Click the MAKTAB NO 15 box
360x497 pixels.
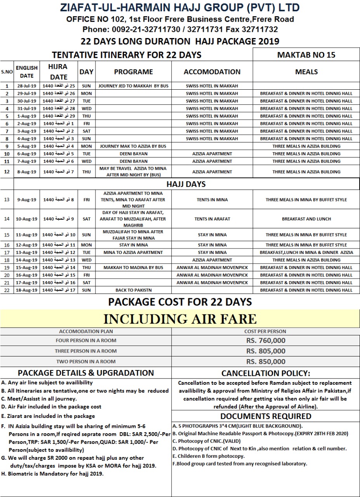306,55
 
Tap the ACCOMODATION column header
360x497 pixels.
212,72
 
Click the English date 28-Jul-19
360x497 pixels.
27,86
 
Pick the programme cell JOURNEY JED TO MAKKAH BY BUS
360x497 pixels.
134,86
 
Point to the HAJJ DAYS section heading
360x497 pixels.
186,184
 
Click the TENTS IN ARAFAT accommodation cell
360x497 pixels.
212,219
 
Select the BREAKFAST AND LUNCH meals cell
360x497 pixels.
306,219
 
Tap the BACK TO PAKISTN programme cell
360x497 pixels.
134,290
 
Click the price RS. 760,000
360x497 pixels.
266,341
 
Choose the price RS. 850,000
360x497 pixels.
266,361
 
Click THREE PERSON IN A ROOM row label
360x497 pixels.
86,351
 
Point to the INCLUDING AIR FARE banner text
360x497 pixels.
180,319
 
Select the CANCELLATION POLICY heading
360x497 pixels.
266,374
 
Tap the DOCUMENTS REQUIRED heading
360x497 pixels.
266,416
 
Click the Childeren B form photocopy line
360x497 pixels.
209,456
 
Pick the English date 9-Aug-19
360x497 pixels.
27,200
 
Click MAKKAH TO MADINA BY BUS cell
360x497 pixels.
134,268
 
